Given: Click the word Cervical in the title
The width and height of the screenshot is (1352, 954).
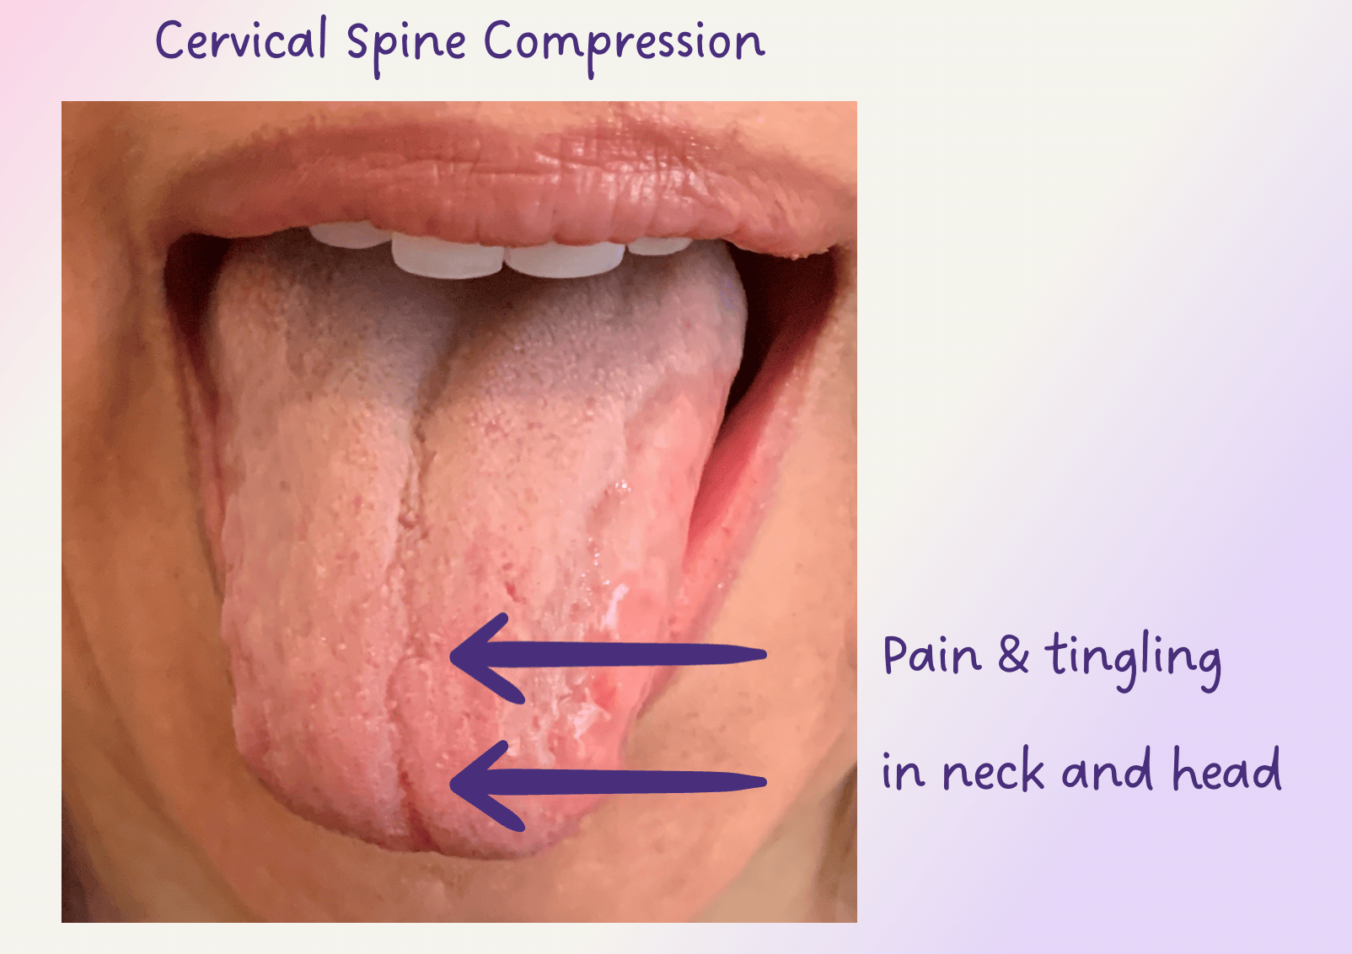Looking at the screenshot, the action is pos(241,40).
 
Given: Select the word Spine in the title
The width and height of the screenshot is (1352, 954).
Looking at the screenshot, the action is pos(406,47).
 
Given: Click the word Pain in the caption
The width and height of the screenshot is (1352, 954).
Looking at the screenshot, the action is pos(932,655).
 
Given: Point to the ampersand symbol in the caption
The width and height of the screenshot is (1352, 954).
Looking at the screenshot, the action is pos(1013,656).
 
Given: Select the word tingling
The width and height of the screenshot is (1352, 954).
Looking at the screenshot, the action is pos(1133,661).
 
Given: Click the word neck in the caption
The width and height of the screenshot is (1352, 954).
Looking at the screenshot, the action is pos(994,769).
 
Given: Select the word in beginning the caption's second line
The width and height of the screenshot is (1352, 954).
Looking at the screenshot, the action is pos(903,772).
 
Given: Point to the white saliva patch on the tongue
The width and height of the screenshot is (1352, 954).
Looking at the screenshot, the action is pos(615,603).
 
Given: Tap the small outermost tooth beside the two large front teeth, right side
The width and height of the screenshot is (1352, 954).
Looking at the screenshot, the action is pos(659,245).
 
